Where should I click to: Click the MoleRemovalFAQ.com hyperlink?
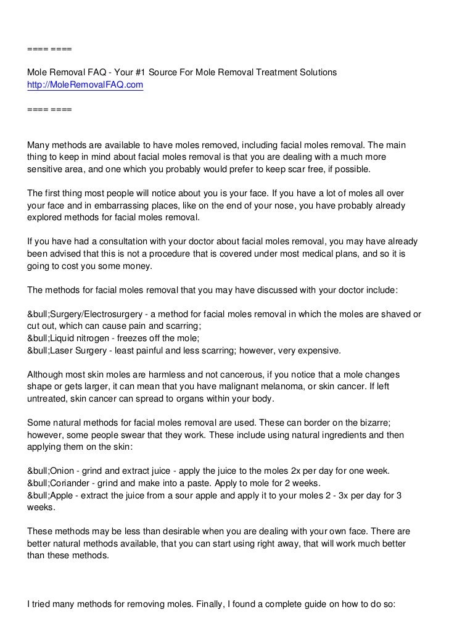tap(85, 85)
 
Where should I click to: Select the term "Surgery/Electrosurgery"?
tap(99, 313)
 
